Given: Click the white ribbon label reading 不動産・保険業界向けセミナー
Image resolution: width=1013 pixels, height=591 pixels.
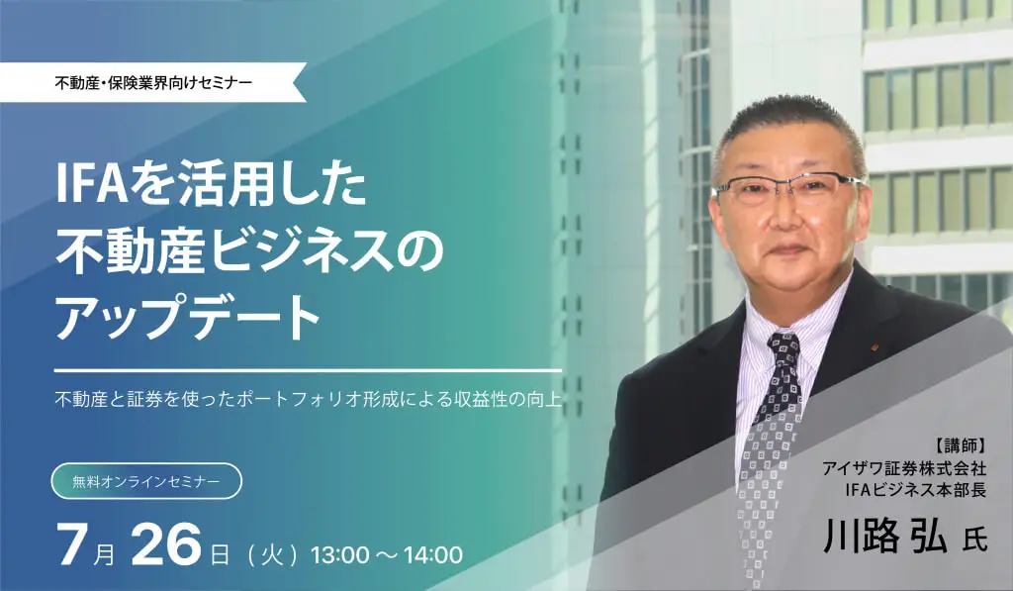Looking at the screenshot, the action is pos(153,83).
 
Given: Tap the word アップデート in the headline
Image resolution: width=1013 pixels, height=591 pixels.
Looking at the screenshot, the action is pos(188,317).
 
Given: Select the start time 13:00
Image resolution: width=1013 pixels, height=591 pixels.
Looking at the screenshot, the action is pos(340,554).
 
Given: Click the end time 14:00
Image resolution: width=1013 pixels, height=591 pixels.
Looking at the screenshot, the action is pos(433,554).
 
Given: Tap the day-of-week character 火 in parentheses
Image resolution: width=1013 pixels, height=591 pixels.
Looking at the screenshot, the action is pos(271,554).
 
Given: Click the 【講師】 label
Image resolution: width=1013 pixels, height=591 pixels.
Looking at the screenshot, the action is pos(960,445).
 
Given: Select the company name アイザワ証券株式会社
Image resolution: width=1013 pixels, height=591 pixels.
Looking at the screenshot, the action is pos(904,468).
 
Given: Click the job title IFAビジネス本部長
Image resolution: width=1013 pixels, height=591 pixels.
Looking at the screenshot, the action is pos(916,490).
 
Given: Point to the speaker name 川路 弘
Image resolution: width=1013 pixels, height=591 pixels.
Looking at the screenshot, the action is pos(884,537).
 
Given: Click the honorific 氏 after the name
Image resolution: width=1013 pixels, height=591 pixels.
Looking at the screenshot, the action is pos(974,541).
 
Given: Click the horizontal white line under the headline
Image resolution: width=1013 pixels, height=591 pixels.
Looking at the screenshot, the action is pos(309,370).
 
